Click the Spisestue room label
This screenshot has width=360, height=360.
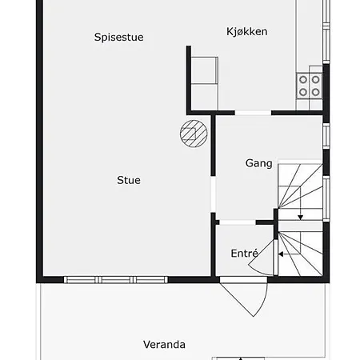tap(118, 38)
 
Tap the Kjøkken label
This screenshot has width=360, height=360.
tap(247, 31)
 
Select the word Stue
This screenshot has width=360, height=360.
tap(129, 180)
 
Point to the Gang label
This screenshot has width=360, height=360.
tap(258, 163)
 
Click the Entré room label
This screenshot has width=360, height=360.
tap(244, 253)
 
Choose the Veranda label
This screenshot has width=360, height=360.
tap(164, 345)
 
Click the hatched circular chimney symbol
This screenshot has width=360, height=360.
tap(194, 134)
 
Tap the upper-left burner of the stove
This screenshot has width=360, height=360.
tap(303, 79)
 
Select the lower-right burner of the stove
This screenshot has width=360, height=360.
tap(316, 92)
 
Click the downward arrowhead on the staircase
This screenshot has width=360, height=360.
tap(301, 218)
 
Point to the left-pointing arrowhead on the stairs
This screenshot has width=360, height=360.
tap(281, 254)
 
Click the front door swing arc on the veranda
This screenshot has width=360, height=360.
tap(262, 302)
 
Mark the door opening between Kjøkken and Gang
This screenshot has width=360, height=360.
tap(253, 113)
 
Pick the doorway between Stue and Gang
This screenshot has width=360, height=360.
tap(213, 194)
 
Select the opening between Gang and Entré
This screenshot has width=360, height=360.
tap(238, 222)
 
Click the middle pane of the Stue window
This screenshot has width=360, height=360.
tap(116, 280)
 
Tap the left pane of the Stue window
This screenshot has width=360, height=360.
tap(81, 280)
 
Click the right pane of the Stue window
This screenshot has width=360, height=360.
tap(150, 280)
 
